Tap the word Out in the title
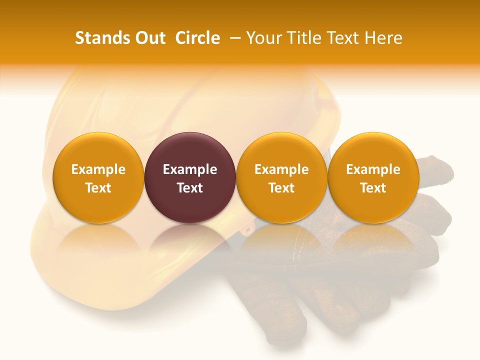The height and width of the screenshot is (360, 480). [149, 38]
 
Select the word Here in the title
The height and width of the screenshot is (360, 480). [384, 38]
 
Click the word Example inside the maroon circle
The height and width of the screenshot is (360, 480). [190, 169]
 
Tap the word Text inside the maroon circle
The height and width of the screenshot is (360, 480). [190, 188]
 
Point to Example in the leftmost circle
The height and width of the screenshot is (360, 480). [98, 169]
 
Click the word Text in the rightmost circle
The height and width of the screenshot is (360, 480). [373, 188]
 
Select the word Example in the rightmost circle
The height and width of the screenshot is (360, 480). [373, 169]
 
